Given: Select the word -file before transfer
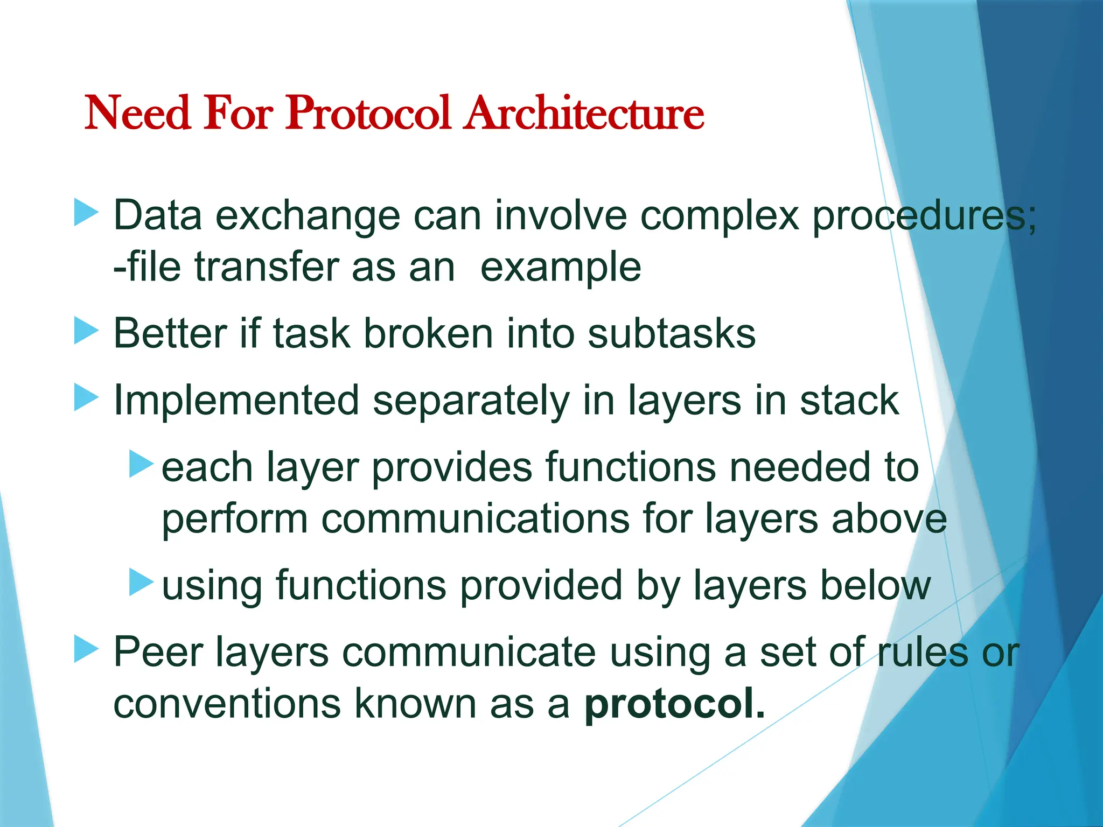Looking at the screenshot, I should (x=147, y=267).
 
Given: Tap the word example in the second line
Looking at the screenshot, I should (x=560, y=268).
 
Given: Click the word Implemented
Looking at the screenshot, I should (x=236, y=401).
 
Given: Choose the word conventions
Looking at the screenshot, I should (x=227, y=703).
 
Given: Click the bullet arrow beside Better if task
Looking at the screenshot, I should (x=86, y=330).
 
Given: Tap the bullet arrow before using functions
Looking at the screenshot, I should (x=142, y=583).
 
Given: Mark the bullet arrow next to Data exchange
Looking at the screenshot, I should (x=86, y=212).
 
